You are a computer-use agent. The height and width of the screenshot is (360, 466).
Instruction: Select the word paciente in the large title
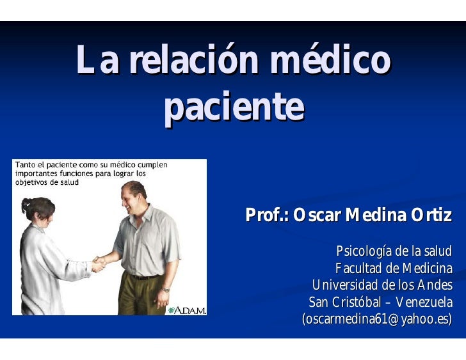pyautogui.click(x=234, y=107)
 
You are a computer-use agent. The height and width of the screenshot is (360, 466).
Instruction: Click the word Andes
pyautogui.click(x=435, y=285)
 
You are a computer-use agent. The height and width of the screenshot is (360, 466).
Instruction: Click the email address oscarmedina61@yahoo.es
pyautogui.click(x=377, y=319)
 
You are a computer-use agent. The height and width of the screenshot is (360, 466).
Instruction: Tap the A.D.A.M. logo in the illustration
pyautogui.click(x=187, y=310)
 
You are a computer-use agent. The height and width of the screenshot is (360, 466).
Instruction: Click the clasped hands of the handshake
pyautogui.click(x=99, y=264)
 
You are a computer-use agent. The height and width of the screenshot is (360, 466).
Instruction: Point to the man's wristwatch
pyautogui.click(x=166, y=290)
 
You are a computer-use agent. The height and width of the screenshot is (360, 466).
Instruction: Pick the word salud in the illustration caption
pyautogui.click(x=70, y=182)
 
